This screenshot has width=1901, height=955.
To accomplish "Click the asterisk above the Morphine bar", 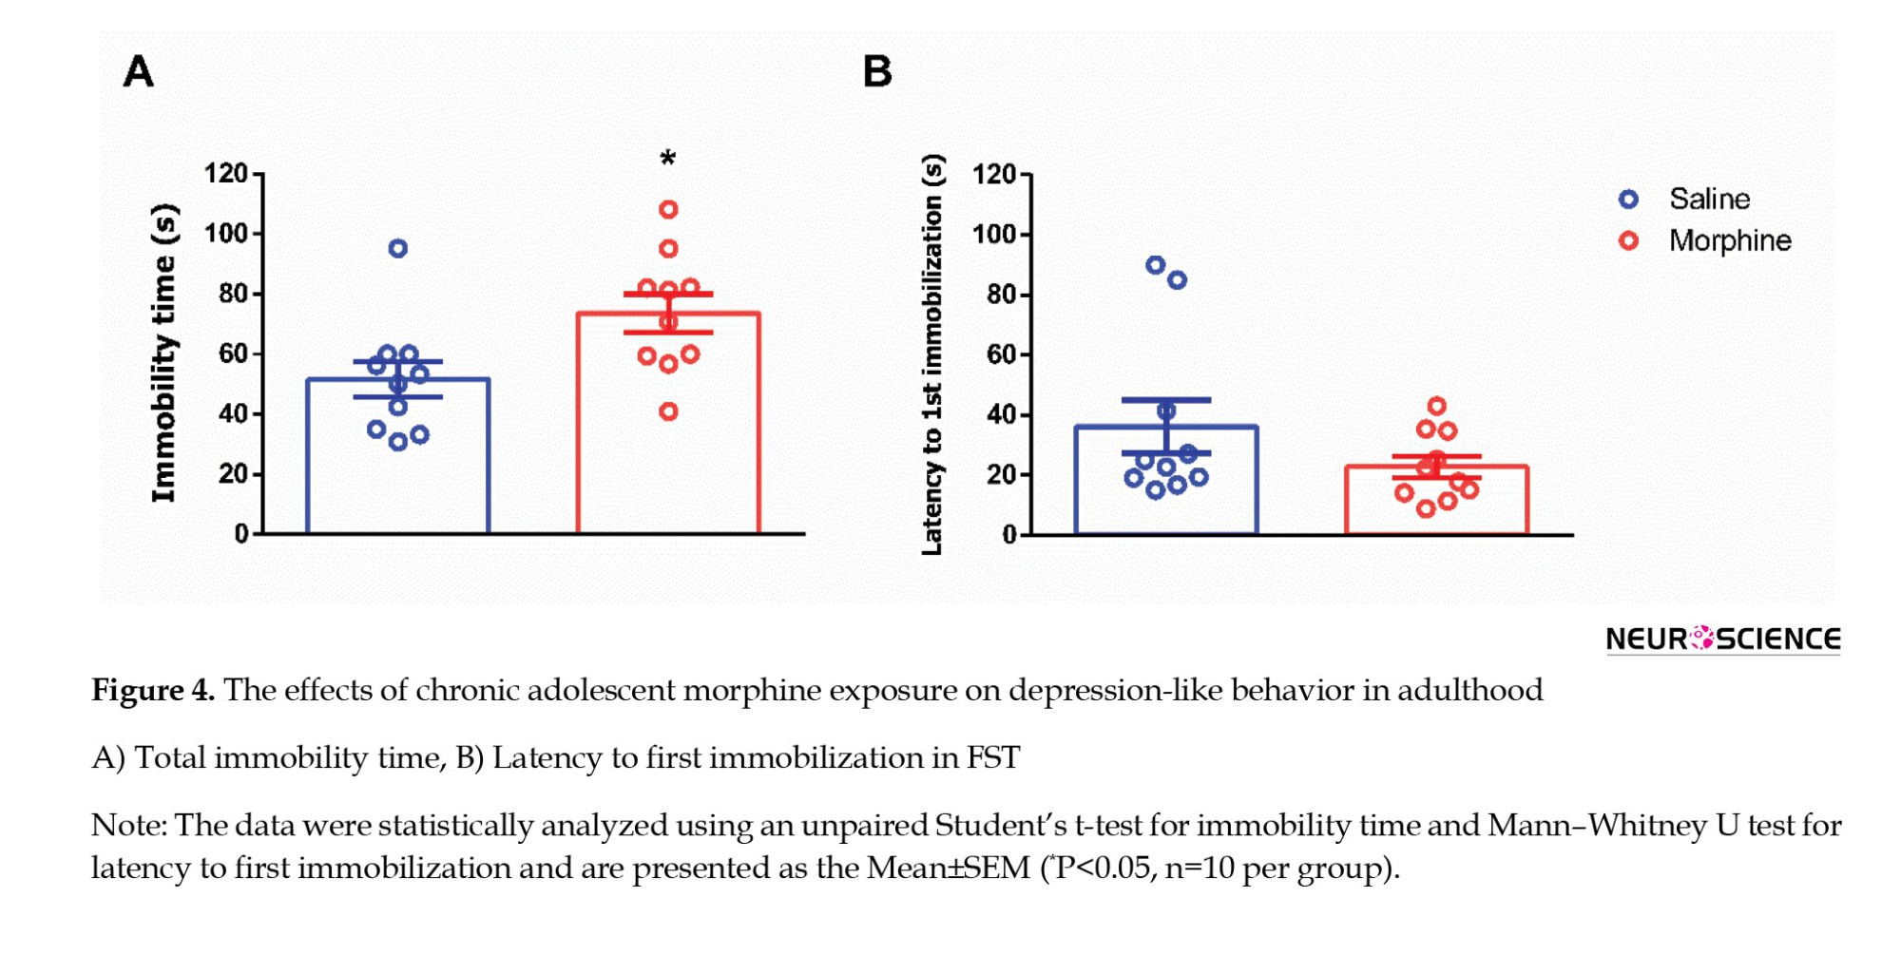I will [x=668, y=159].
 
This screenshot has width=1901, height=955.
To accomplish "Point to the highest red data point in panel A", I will [x=668, y=209].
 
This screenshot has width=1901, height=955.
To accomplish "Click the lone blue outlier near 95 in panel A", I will [x=398, y=249].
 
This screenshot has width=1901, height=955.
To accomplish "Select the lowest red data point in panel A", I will [x=668, y=411].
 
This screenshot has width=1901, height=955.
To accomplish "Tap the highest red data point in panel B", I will [x=1436, y=407].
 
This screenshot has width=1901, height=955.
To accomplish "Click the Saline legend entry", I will [x=1708, y=200].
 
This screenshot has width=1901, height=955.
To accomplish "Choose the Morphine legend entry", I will [x=1729, y=241].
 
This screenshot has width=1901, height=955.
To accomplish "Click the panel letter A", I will [x=139, y=72].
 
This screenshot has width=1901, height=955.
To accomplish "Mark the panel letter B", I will [x=877, y=72].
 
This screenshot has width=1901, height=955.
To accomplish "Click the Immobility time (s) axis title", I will [x=164, y=353].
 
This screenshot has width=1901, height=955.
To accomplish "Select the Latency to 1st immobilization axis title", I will [x=932, y=354].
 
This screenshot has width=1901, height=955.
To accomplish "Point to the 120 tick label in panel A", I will [x=225, y=173].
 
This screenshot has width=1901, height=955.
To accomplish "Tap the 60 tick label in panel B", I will [x=1001, y=354].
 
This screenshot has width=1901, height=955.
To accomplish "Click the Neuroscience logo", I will [x=1722, y=639].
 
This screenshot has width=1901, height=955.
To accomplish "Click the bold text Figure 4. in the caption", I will [x=153, y=690].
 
